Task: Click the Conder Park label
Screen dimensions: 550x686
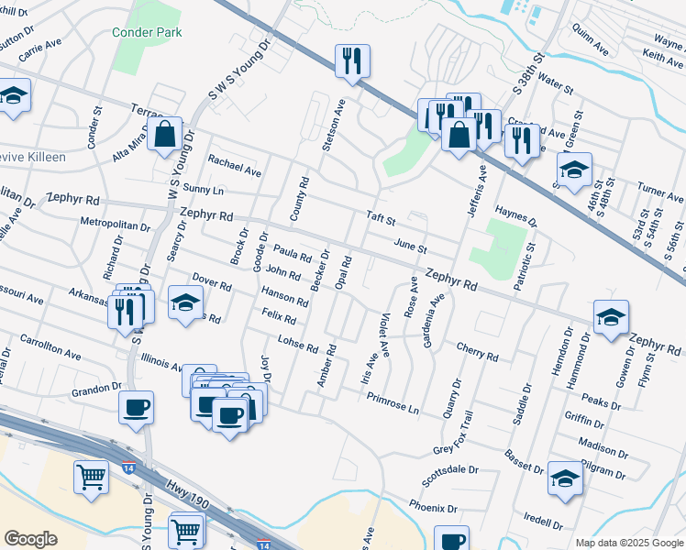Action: click(x=147, y=33)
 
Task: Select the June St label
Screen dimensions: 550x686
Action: click(x=410, y=247)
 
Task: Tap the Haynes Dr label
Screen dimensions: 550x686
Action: click(x=515, y=216)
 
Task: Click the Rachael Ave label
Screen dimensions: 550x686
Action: click(x=235, y=166)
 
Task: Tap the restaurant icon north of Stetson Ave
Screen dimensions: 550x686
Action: click(x=352, y=61)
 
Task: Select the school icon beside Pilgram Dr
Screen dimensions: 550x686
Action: click(x=565, y=478)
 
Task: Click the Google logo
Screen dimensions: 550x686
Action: click(x=30, y=539)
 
